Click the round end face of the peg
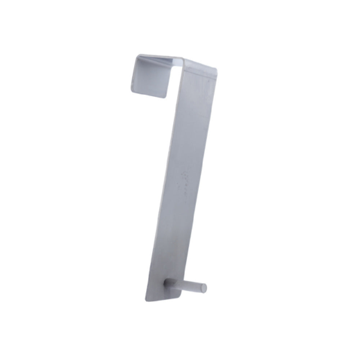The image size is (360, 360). pos(204,287)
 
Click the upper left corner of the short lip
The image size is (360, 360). pos(138,56)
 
